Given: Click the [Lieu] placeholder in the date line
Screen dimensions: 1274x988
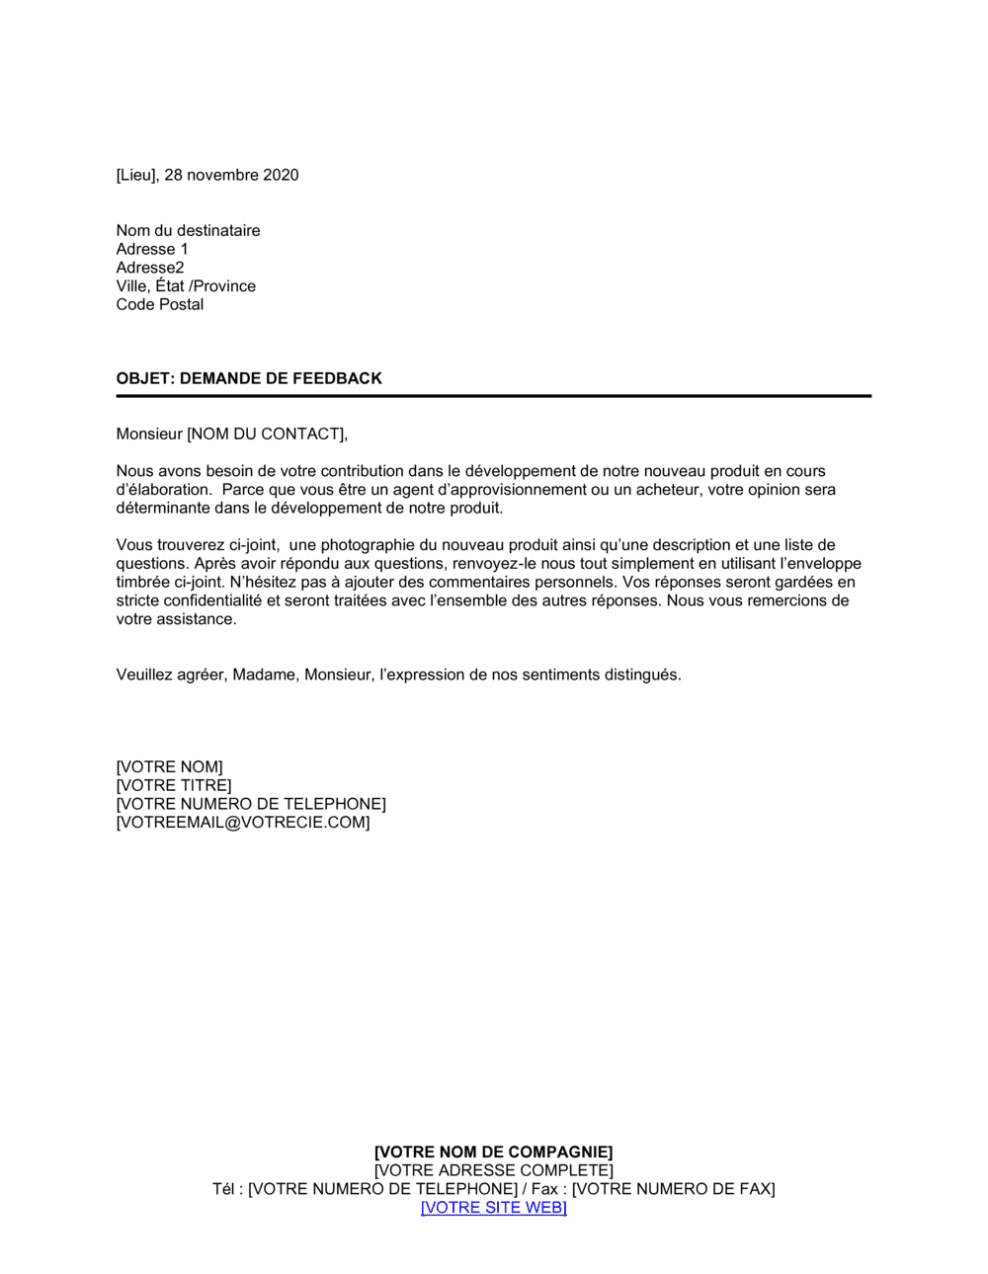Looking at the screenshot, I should (x=136, y=176).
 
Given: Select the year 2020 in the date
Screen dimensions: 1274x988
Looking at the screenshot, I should (x=280, y=176).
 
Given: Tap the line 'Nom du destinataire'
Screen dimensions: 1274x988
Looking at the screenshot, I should (x=188, y=231).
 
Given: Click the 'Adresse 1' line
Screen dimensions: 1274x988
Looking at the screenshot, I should (x=151, y=249).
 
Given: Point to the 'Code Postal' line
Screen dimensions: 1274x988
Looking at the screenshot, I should (x=159, y=304).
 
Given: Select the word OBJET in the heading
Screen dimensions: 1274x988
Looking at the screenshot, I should (x=142, y=378).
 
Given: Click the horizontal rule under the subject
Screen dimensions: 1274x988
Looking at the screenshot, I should (x=493, y=396).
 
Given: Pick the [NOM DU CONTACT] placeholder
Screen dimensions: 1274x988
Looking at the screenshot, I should (x=266, y=434).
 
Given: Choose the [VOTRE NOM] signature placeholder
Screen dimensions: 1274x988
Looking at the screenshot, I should (x=169, y=767).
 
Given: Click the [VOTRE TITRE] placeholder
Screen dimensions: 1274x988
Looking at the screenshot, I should (x=173, y=785).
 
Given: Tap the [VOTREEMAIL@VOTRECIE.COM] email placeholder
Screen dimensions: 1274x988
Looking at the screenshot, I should (x=242, y=823).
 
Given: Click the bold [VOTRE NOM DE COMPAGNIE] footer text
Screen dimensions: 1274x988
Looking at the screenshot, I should (x=493, y=1152).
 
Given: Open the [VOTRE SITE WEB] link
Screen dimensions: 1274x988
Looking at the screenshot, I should (x=493, y=1208).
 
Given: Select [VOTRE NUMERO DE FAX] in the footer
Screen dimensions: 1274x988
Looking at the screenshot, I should (x=673, y=1189).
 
